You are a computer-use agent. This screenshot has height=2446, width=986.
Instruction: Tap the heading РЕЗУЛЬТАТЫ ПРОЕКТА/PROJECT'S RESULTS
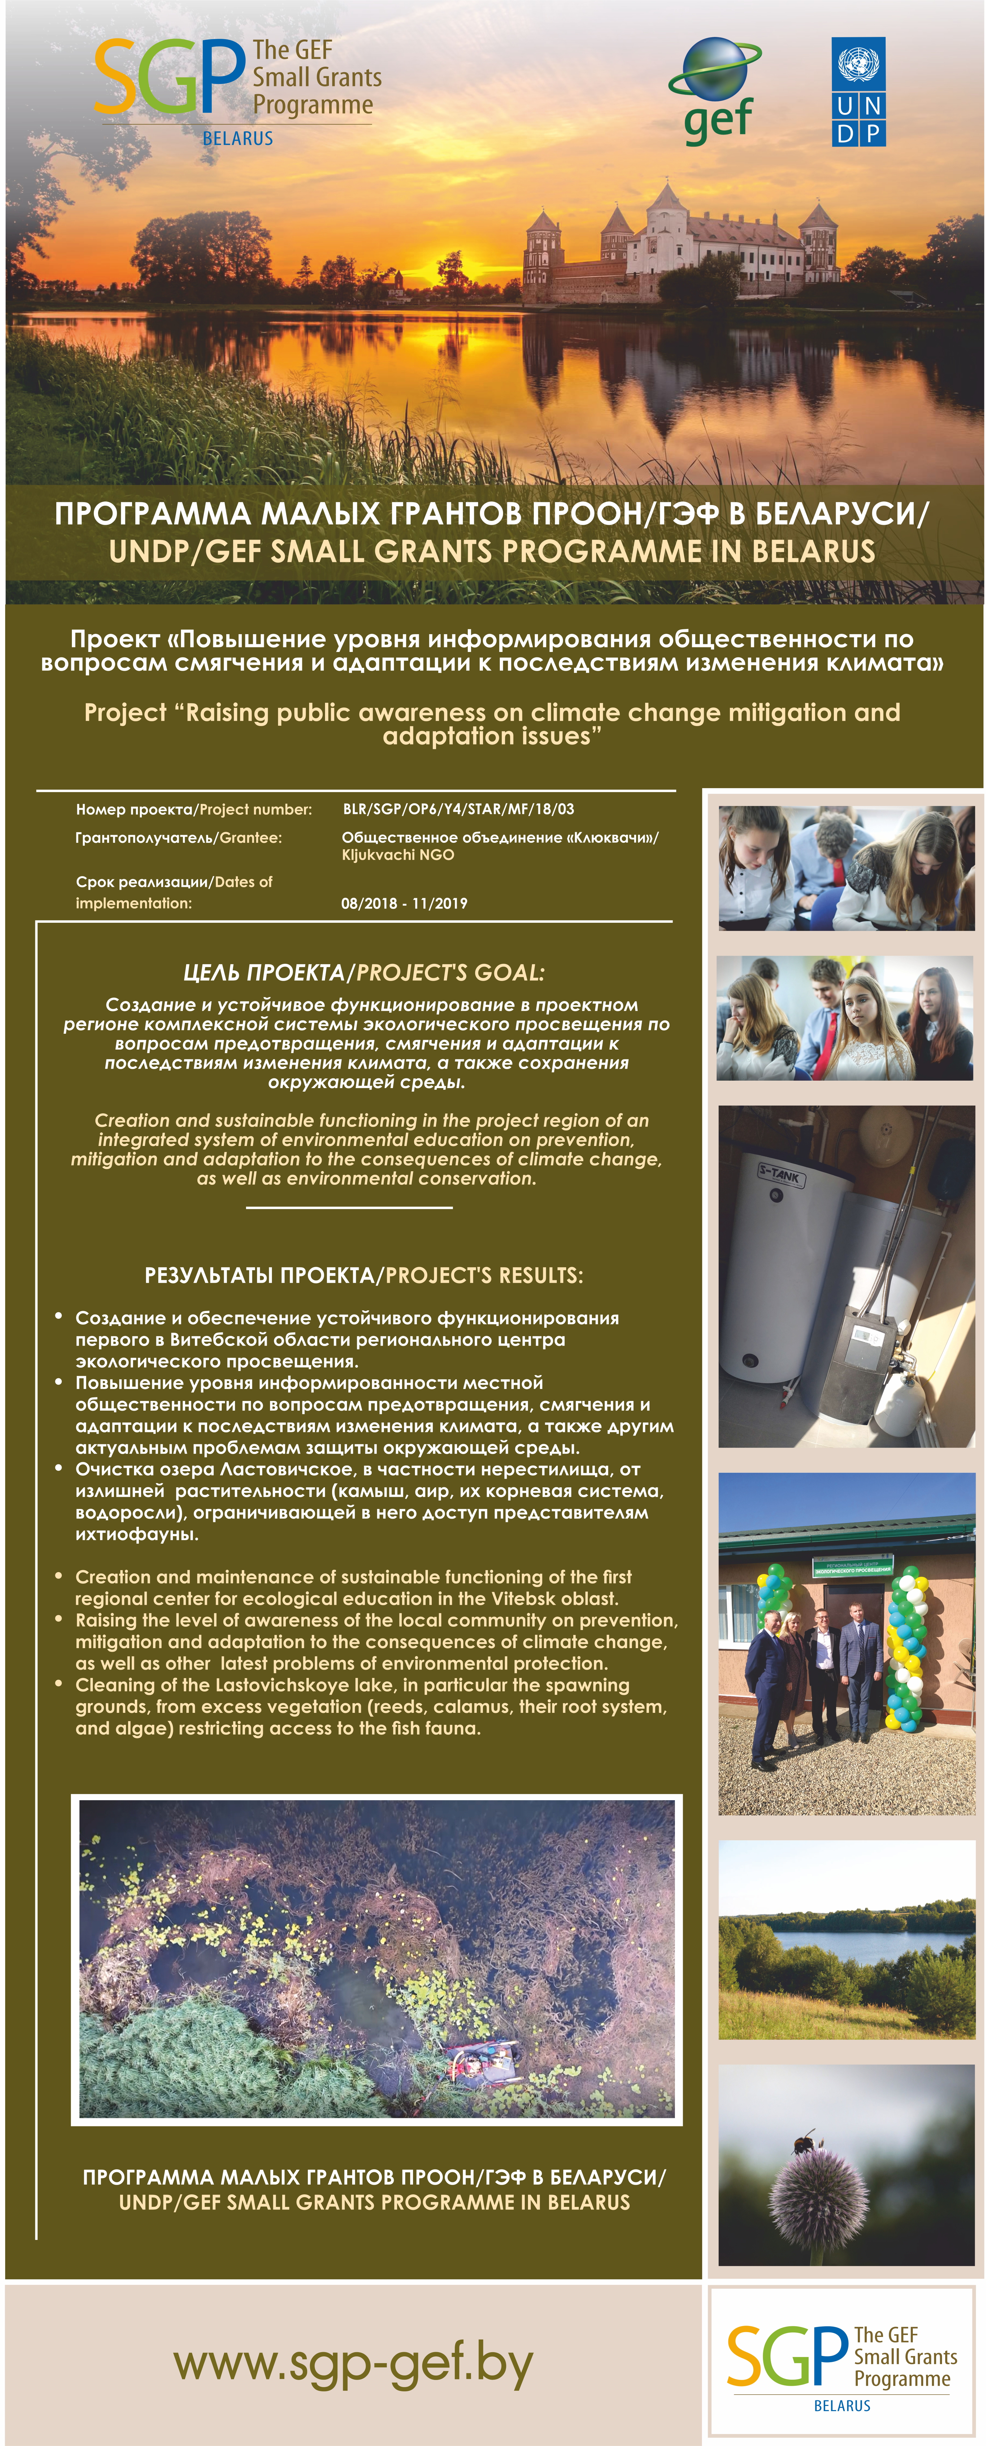click(x=364, y=1275)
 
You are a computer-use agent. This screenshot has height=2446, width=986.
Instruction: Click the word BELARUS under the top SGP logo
click(x=238, y=138)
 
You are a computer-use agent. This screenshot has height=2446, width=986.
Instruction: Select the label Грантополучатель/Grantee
click(x=179, y=837)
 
